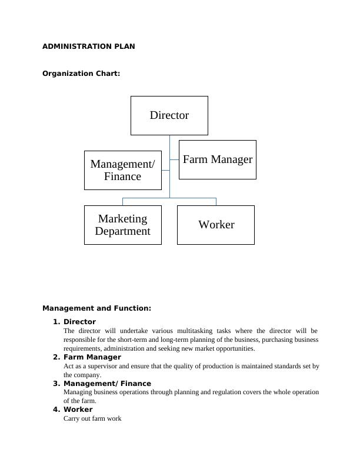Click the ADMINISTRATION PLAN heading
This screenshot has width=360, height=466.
(x=88, y=46)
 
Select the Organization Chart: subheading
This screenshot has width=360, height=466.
(x=81, y=74)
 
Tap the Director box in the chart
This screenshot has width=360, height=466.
(x=169, y=115)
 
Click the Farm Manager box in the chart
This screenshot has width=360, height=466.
(x=217, y=159)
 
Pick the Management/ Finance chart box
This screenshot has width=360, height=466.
(x=122, y=170)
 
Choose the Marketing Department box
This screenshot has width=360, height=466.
(x=122, y=225)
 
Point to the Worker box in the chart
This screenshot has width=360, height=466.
(x=216, y=225)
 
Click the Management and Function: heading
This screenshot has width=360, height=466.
(x=96, y=308)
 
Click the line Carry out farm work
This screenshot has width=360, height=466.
(x=92, y=419)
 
